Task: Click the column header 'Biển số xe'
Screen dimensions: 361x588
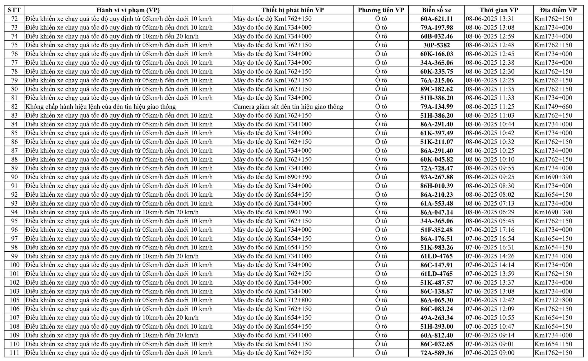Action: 436,10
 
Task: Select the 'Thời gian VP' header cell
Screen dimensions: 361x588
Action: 499,10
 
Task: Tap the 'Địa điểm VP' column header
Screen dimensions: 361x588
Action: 558,10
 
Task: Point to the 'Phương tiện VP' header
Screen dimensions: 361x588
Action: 381,10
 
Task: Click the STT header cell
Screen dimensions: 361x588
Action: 14,10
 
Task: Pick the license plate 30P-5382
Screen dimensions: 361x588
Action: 436,45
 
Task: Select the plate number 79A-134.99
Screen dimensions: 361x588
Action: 436,107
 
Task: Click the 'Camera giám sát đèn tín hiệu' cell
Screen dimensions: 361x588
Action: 288,107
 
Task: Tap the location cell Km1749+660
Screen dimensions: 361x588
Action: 553,107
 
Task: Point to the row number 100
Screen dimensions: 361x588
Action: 14,265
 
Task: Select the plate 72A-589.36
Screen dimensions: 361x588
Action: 436,353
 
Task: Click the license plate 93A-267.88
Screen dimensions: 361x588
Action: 436,177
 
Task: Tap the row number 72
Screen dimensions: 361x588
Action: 14,19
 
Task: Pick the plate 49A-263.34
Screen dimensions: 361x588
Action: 436,318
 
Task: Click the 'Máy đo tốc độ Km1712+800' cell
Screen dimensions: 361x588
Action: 272,300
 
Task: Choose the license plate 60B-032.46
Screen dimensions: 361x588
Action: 436,36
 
